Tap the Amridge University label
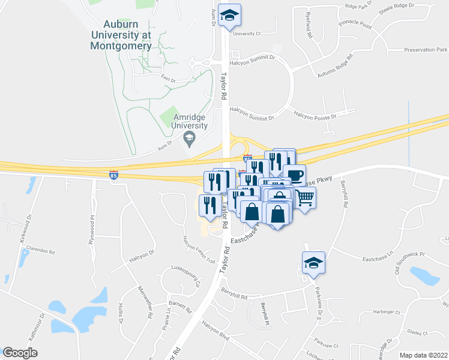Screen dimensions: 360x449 (190, 121)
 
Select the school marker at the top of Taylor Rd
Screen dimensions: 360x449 (229, 16)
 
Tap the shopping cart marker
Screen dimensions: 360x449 (305, 197)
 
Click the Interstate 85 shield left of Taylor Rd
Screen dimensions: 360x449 (114, 175)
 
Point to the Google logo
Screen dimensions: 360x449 (20, 352)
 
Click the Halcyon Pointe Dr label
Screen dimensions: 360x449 (316, 113)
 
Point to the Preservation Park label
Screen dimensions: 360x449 (426, 50)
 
